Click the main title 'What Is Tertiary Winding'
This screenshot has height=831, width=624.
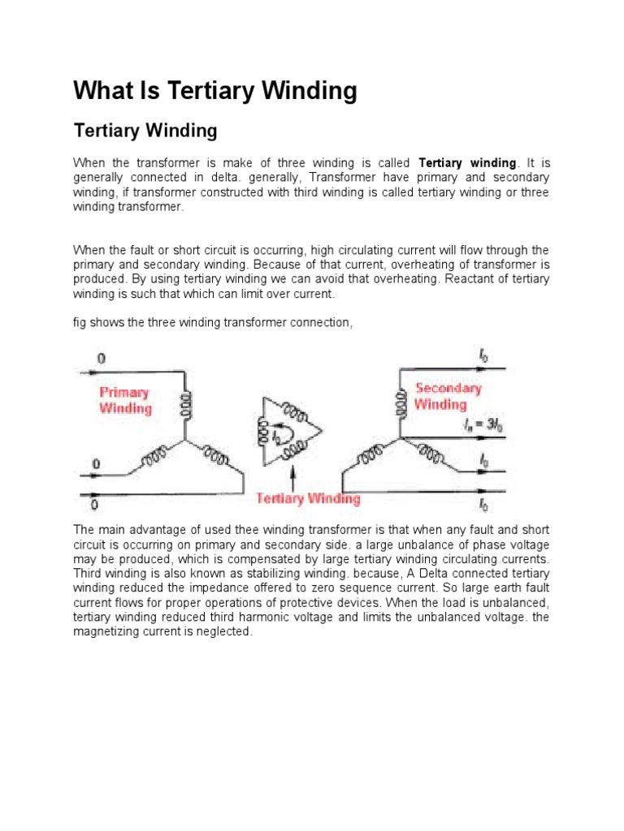point(215,91)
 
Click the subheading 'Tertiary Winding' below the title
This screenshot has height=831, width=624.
point(145,130)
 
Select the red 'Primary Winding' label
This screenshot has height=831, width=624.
point(125,400)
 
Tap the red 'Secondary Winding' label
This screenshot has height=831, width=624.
point(448,396)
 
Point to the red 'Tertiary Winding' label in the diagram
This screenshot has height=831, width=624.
point(308,497)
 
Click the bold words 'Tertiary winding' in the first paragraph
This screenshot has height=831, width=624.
point(467,163)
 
